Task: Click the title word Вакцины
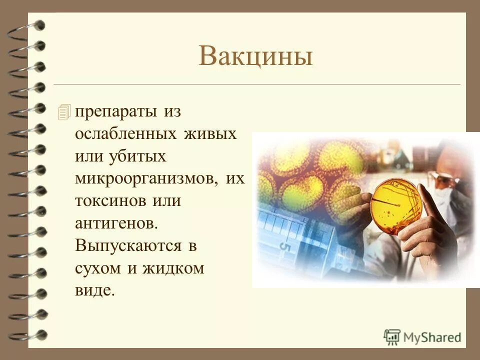(x=255, y=56)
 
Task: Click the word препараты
(x=117, y=112)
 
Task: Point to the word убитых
(x=135, y=157)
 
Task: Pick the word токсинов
(x=106, y=201)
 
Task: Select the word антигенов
(x=115, y=223)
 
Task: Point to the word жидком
(x=173, y=268)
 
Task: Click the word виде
(x=94, y=290)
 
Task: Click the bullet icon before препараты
(x=64, y=112)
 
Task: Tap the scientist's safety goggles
(x=446, y=178)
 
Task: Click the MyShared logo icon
(x=392, y=336)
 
